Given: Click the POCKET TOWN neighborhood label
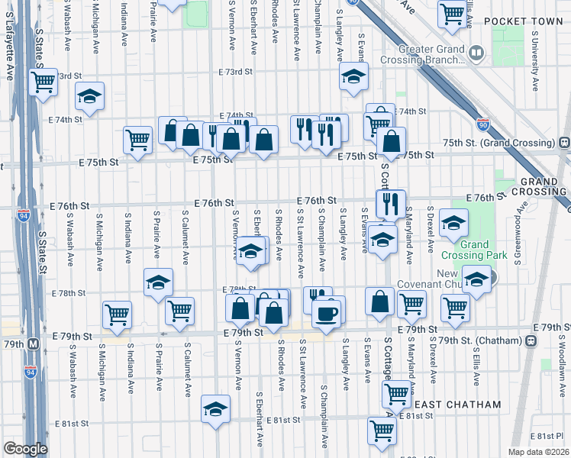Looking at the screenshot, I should [518, 21].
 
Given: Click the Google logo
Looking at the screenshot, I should [25, 449].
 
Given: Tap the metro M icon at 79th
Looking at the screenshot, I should [33, 344].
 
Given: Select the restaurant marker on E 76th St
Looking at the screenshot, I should [389, 203].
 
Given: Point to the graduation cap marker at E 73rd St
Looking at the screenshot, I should [353, 77].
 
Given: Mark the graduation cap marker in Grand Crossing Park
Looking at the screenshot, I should [454, 223].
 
